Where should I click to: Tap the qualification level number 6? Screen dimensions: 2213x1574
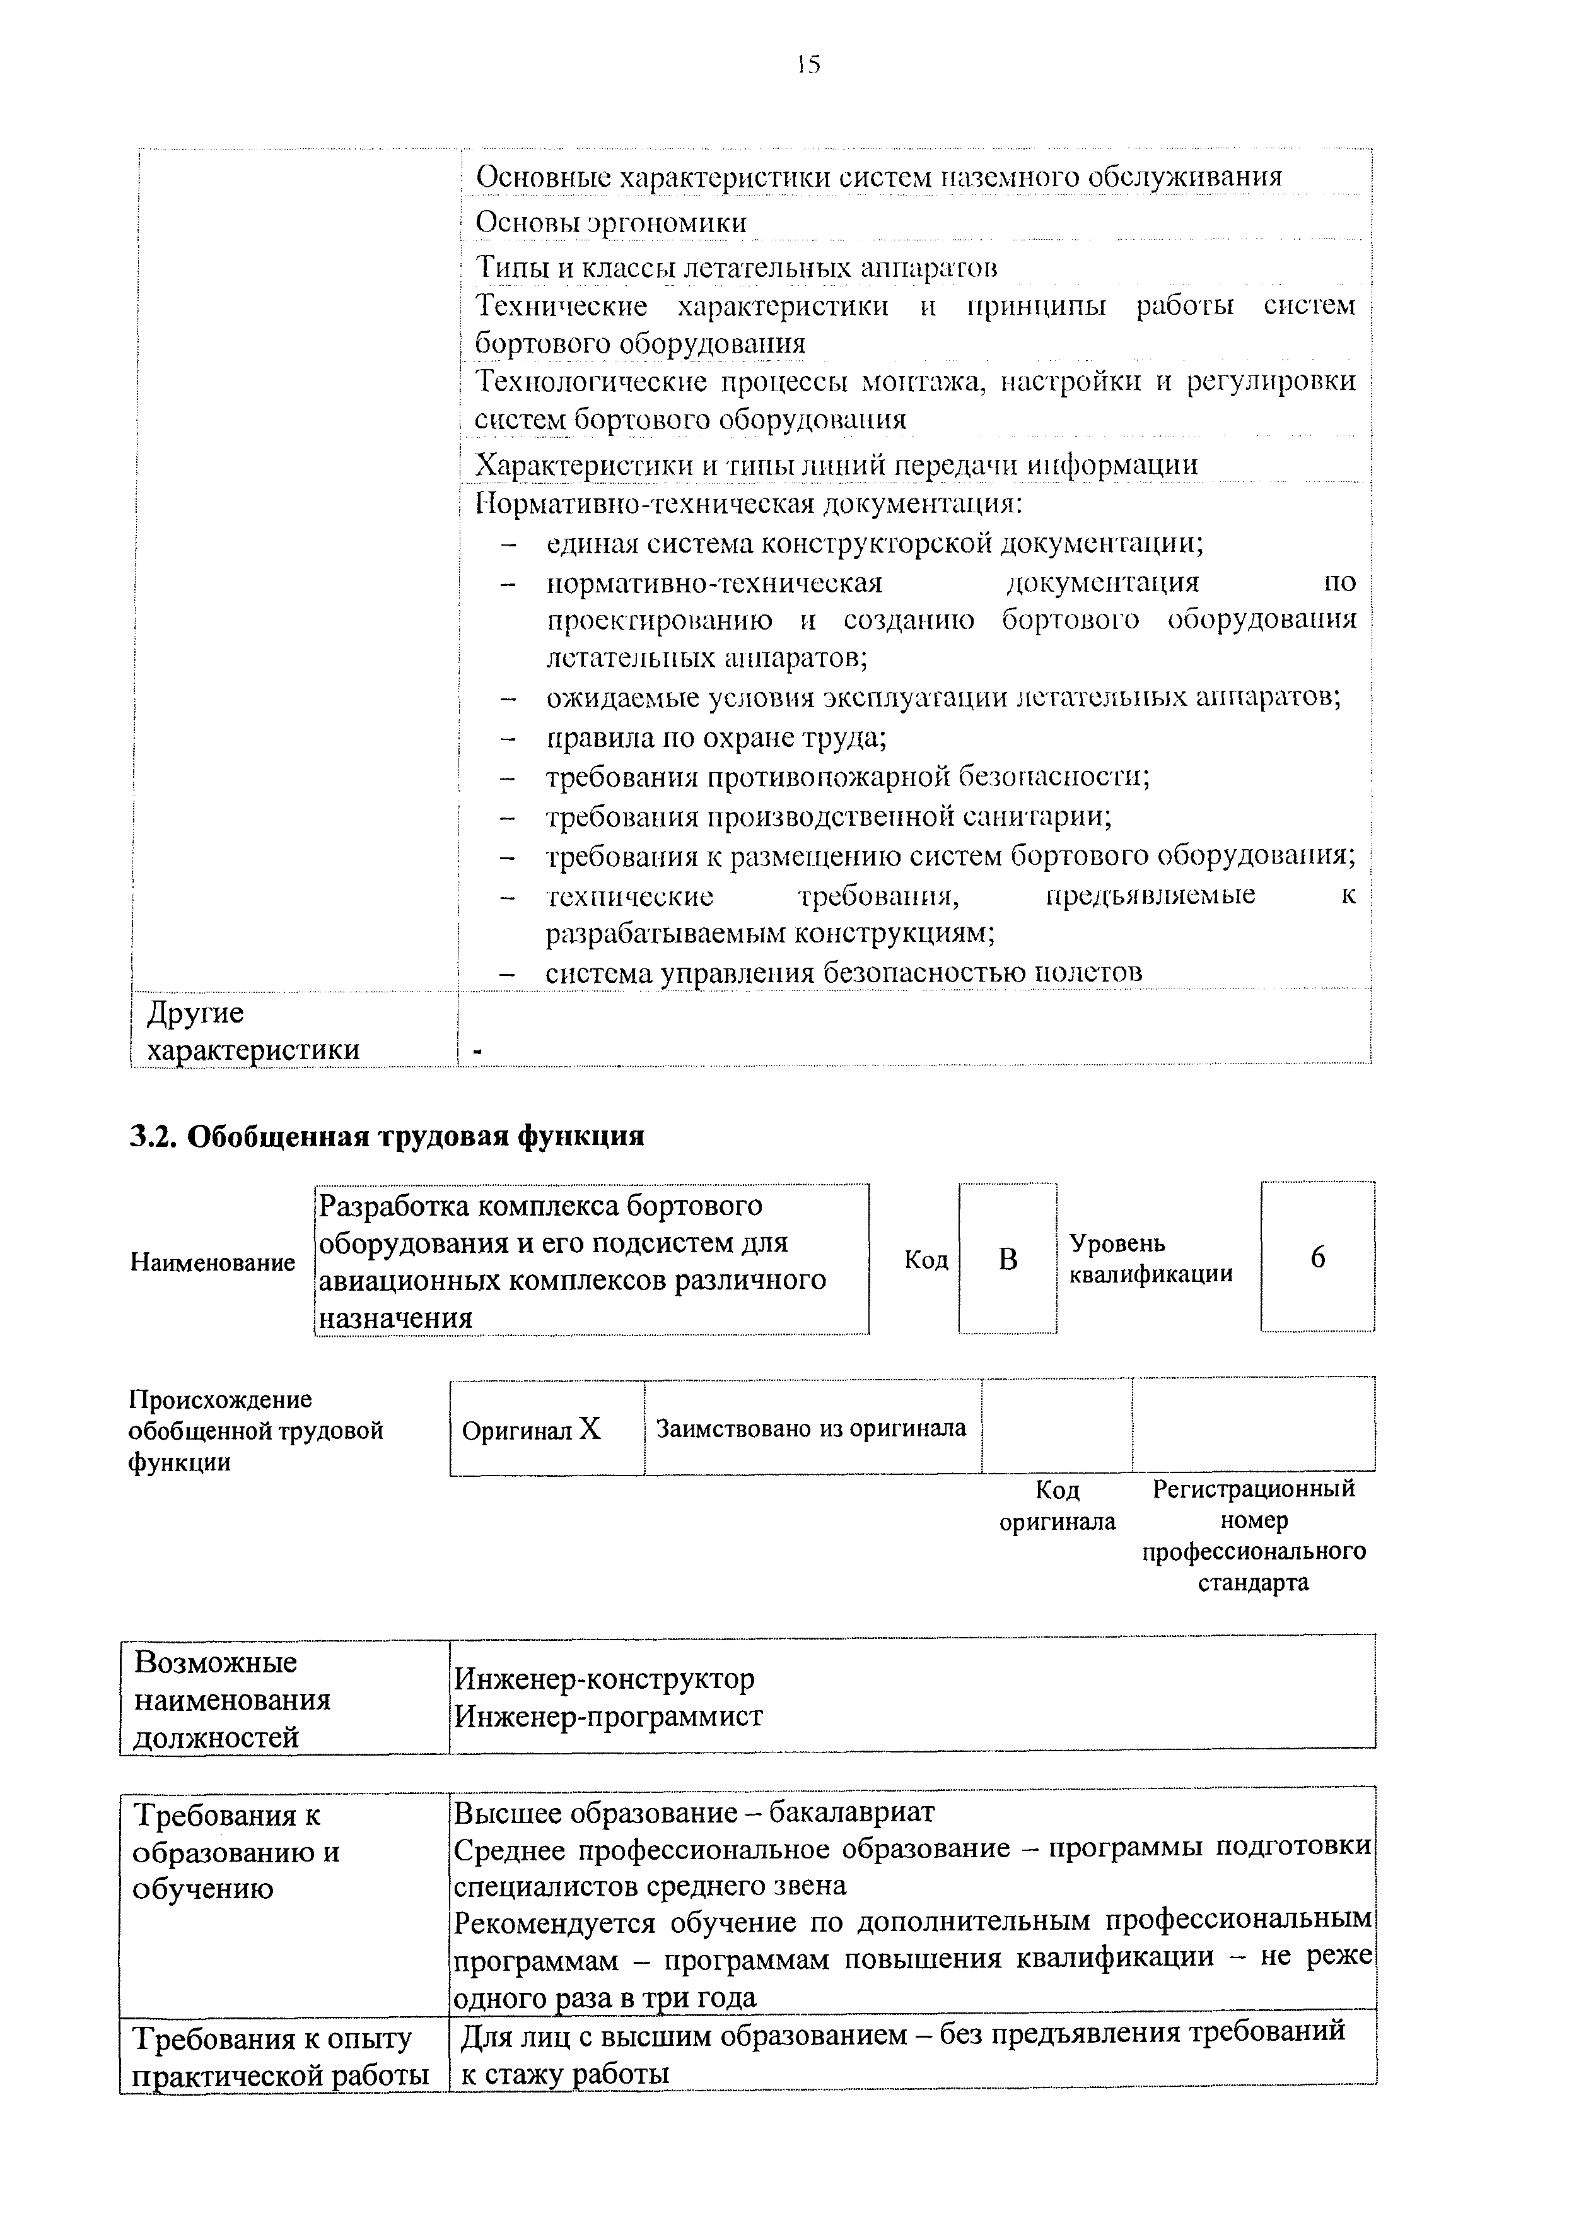[1317, 1257]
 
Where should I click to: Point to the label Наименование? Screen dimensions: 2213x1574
[213, 1262]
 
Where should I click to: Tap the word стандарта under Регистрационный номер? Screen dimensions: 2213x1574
[1252, 1582]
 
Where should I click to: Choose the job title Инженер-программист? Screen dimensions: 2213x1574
[609, 1717]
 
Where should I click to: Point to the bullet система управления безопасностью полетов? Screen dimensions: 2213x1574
[843, 971]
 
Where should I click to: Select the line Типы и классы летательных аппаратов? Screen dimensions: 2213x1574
[737, 267]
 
